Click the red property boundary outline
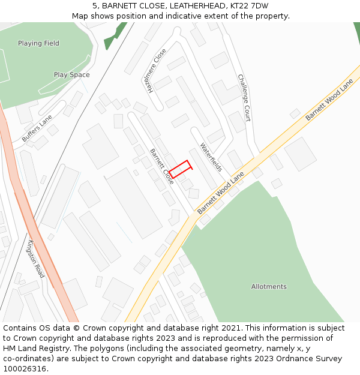click(180, 169)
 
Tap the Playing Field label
click(38, 43)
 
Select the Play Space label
click(71, 75)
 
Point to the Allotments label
click(269, 287)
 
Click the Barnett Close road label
click(162, 166)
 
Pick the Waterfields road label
click(211, 157)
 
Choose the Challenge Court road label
click(244, 98)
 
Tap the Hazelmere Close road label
click(154, 70)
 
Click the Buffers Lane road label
click(37, 128)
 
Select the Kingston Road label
click(36, 259)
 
